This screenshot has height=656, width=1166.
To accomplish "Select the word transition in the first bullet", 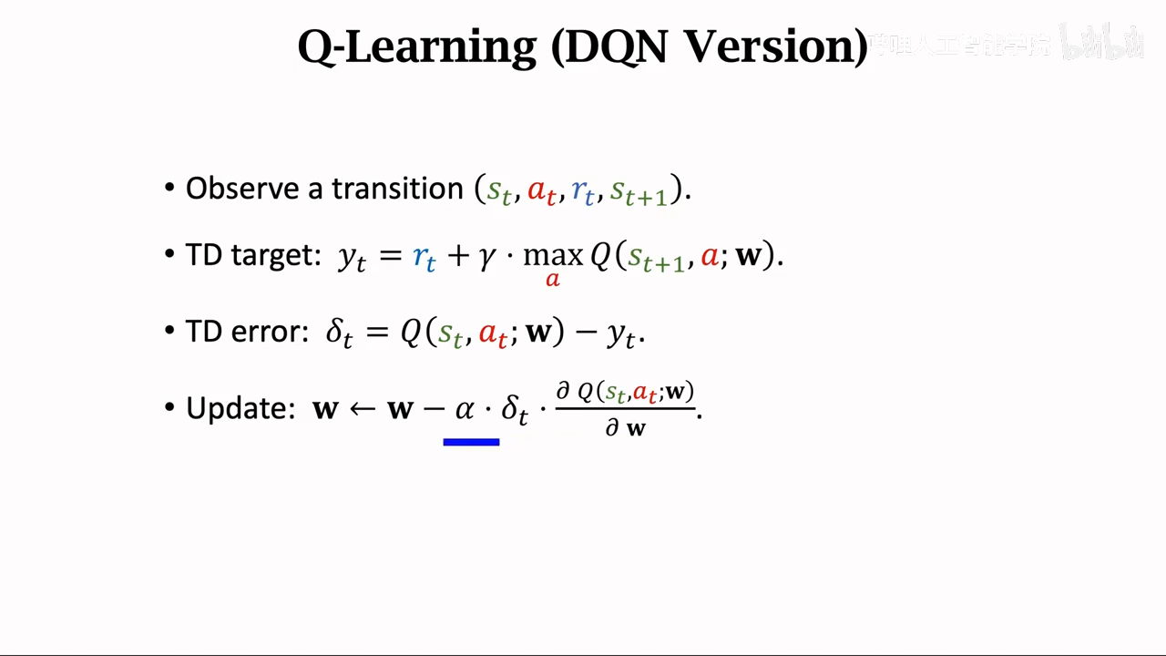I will pos(398,189).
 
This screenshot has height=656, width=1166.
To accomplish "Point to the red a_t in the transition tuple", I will pos(541,191).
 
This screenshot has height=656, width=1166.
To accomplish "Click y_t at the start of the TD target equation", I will pos(352,258).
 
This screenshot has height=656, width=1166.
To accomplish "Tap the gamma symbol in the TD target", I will pos(487,258).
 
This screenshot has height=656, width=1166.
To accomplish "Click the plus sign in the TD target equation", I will pos(458,256).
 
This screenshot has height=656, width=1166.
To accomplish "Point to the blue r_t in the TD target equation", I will pos(424,258).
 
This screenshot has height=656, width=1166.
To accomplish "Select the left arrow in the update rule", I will pos(363,408).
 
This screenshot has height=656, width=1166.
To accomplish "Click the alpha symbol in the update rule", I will pos(465,409).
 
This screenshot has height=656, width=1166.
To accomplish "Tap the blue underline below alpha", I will pos(471,442).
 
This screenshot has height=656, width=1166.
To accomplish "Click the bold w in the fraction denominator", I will pos(636,428).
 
